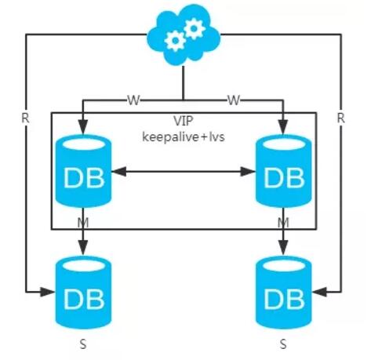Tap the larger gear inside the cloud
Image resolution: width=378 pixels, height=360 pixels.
[194, 28]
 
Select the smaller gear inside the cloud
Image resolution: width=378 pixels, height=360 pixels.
[175, 41]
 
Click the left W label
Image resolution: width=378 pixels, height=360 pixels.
[133, 100]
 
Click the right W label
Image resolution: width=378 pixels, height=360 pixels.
[234, 100]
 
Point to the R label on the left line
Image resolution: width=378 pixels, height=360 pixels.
[25, 118]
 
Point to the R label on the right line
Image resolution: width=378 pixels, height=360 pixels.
[341, 118]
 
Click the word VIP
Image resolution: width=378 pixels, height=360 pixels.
[184, 121]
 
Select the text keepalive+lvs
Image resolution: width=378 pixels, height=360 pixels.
[184, 136]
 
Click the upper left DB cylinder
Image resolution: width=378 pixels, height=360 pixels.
[83, 171]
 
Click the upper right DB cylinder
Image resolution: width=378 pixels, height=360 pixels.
[284, 171]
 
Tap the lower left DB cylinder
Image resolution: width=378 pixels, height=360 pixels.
[83, 293]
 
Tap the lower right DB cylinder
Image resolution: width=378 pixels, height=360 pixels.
[284, 293]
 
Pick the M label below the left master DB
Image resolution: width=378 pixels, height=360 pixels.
[83, 223]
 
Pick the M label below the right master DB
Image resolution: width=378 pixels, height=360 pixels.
[283, 223]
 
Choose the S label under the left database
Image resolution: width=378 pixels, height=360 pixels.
[83, 344]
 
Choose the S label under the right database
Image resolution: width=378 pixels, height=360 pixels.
[283, 344]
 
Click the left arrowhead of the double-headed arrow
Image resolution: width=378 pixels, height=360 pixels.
[119, 172]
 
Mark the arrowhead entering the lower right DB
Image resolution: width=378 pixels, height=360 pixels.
[320, 292]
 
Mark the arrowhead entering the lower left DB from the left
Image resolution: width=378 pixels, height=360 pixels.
[48, 292]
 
